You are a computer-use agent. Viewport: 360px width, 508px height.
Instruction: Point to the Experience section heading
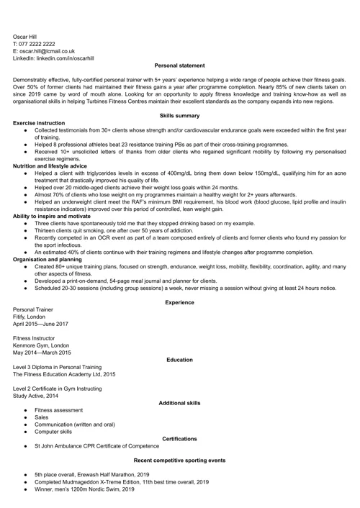click(x=179, y=302)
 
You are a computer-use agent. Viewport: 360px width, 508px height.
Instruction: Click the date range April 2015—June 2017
click(x=45, y=324)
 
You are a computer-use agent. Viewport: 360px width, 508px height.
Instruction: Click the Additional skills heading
click(x=179, y=403)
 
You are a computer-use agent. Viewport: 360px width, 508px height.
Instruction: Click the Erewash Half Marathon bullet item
click(x=91, y=475)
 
